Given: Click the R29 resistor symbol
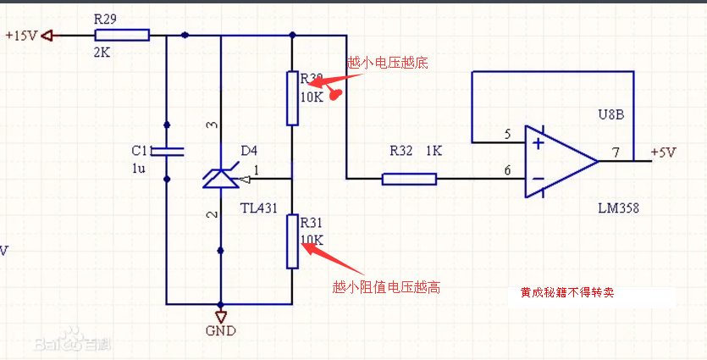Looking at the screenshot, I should pos(122,35).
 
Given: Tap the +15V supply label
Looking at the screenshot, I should pos(21,36).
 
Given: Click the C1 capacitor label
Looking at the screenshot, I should pos(139,150).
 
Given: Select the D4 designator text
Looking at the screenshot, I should pos(248,151).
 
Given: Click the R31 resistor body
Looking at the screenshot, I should pos(292,241).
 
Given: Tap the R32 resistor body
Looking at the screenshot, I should pos(409,179).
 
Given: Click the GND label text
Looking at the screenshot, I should pos(221,330).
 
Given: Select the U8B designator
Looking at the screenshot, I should pos(610,114).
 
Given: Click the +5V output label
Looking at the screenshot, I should pos(664,152).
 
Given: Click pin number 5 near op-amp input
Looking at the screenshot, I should pos(507,134).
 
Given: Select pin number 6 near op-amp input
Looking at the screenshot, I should pos(507,170).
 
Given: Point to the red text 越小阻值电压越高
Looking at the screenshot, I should pos(387,288).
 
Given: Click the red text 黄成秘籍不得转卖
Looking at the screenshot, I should pos(566,293).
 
